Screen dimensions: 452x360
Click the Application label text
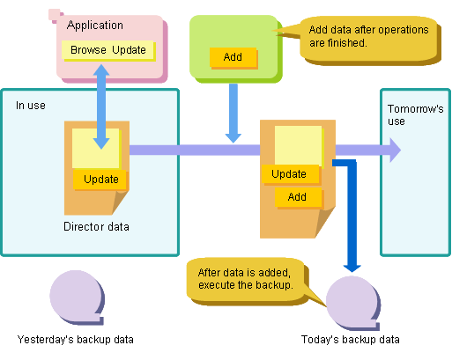(x=95, y=26)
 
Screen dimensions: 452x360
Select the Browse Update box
(x=108, y=50)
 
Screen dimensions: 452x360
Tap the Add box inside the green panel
(x=233, y=58)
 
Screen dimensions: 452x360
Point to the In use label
(x=31, y=106)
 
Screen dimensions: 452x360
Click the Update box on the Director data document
(x=100, y=180)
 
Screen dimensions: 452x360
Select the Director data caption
(x=96, y=227)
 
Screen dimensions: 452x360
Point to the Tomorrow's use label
(x=415, y=114)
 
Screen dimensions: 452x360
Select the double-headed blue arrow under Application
(x=101, y=107)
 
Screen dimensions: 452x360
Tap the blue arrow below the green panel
(x=233, y=114)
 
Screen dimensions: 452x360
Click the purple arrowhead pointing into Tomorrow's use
(x=395, y=150)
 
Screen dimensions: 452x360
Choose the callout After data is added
(x=247, y=281)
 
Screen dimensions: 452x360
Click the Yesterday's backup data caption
(x=76, y=340)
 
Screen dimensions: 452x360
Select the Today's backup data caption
(x=351, y=340)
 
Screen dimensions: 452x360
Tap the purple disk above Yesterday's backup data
(x=77, y=297)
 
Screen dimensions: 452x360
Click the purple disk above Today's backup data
(x=353, y=303)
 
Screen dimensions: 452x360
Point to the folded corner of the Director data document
(x=120, y=202)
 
